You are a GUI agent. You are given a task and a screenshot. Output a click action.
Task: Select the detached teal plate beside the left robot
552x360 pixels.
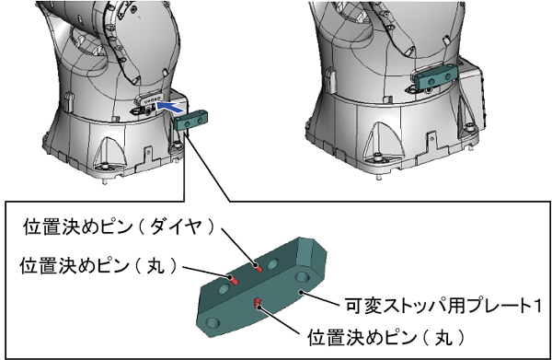[190, 121]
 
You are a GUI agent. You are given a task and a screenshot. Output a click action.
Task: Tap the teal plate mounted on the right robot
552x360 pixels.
[436, 77]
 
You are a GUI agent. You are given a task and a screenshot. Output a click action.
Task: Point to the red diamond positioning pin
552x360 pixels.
[259, 268]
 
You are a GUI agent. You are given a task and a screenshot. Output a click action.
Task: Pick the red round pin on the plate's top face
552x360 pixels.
[234, 280]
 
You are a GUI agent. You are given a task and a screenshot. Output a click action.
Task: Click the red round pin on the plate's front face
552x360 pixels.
[258, 302]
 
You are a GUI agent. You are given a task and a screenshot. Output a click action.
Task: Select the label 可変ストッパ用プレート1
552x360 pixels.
[443, 306]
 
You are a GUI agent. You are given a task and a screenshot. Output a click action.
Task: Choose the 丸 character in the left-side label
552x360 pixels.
[155, 265]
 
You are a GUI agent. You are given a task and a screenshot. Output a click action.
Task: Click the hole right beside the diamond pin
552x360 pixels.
[273, 264]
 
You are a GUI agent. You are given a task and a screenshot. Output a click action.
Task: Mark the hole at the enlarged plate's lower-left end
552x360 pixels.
[213, 322]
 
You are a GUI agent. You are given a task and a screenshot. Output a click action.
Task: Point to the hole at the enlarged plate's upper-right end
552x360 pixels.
[302, 277]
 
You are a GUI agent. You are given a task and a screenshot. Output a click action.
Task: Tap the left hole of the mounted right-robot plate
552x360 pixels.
[431, 81]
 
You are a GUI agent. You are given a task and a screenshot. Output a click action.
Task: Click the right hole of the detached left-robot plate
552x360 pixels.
[200, 121]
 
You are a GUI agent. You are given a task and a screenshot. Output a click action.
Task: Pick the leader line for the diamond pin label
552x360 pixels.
[239, 248]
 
